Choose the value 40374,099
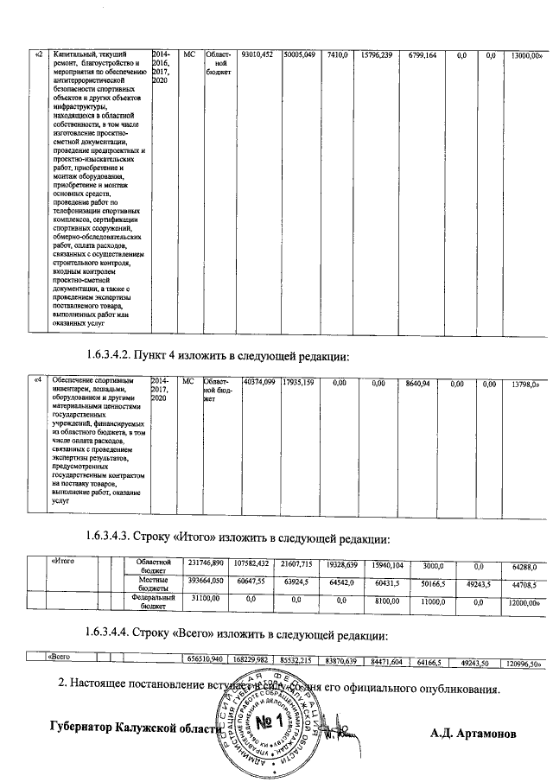point(259,382)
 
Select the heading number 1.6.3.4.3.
point(123,537)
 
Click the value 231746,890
point(207,565)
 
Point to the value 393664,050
point(207,582)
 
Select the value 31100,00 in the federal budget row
point(206,599)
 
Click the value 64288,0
point(525,566)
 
